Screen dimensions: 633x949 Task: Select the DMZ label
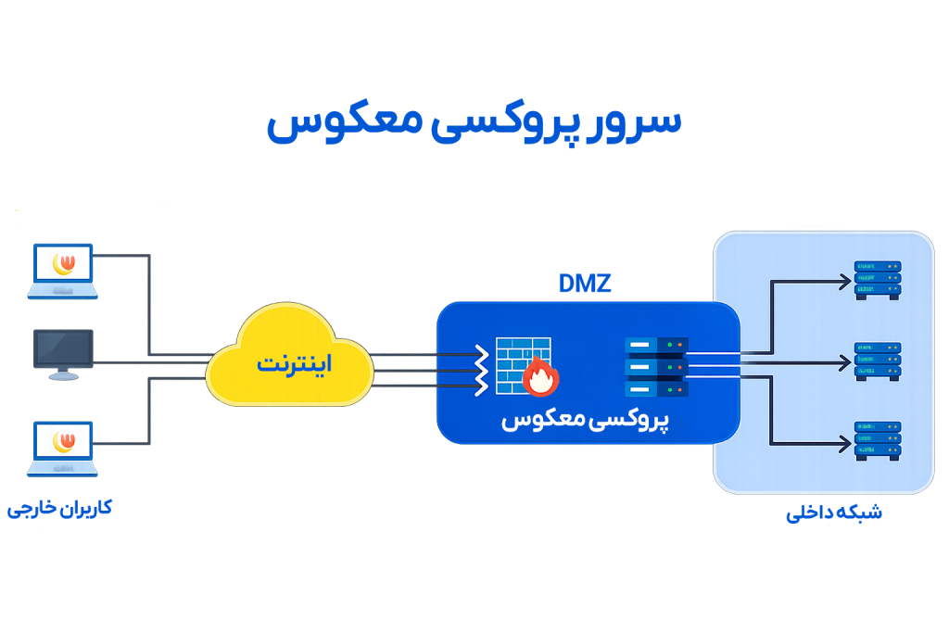[x=585, y=284]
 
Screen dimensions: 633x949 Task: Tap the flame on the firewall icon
[x=540, y=378]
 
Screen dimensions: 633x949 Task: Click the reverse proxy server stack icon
[x=656, y=366]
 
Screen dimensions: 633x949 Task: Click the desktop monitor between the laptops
[x=63, y=353]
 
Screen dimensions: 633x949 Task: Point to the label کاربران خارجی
[x=60, y=508]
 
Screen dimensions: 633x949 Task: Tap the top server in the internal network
[x=878, y=279]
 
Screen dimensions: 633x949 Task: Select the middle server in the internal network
[x=878, y=361]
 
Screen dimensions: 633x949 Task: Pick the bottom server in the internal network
[x=878, y=440]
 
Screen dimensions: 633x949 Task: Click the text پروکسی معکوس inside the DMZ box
[x=586, y=419]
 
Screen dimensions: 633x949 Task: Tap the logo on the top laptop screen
[x=65, y=263]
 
